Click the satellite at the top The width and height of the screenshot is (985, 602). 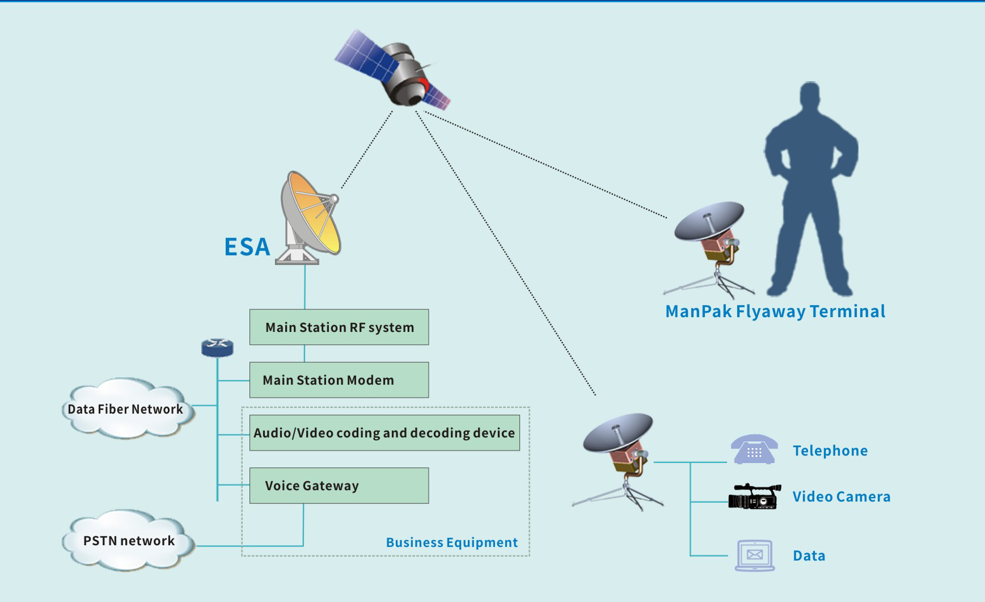click(x=397, y=71)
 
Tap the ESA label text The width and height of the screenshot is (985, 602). click(x=247, y=247)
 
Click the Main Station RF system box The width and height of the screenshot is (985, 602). click(x=339, y=327)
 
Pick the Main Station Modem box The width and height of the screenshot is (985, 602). click(x=339, y=380)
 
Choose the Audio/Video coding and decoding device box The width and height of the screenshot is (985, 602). click(x=384, y=433)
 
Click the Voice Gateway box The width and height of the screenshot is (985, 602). click(x=339, y=486)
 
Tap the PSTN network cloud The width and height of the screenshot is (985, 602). click(x=128, y=540)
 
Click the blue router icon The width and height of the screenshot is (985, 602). click(x=217, y=347)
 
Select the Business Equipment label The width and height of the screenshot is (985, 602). click(x=451, y=542)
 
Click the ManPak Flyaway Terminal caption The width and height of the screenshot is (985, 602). click(x=775, y=311)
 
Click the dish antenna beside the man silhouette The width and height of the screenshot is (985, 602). click(x=709, y=238)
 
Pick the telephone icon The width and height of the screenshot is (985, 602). click(x=754, y=450)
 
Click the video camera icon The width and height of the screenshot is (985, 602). click(x=754, y=496)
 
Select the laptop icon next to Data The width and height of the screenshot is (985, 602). click(x=754, y=555)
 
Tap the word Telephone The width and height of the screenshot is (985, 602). click(x=830, y=451)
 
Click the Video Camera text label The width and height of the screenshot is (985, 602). click(x=841, y=496)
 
